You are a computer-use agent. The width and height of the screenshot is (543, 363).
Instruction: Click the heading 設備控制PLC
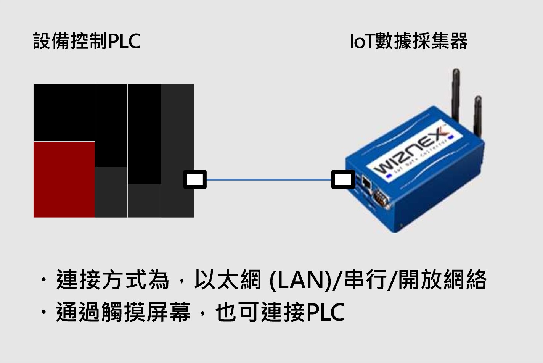(87, 41)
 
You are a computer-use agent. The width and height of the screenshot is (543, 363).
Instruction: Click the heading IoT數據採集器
(408, 41)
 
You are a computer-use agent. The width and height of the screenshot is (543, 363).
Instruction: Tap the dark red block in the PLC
(64, 179)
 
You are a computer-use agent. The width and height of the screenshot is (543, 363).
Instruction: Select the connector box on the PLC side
(195, 179)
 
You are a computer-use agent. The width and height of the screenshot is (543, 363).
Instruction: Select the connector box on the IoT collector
(343, 179)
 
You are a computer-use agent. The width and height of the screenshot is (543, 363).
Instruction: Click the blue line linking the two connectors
(269, 179)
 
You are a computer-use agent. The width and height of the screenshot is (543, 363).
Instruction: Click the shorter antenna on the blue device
(477, 115)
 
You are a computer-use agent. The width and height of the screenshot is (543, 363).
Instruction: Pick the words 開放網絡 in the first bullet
(442, 280)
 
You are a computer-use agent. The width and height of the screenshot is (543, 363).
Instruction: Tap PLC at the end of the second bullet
(325, 312)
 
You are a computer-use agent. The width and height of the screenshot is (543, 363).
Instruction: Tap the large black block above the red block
(64, 113)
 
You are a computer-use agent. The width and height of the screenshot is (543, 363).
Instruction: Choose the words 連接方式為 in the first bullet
(112, 280)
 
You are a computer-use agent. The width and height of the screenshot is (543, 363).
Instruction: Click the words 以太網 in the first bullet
(227, 280)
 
